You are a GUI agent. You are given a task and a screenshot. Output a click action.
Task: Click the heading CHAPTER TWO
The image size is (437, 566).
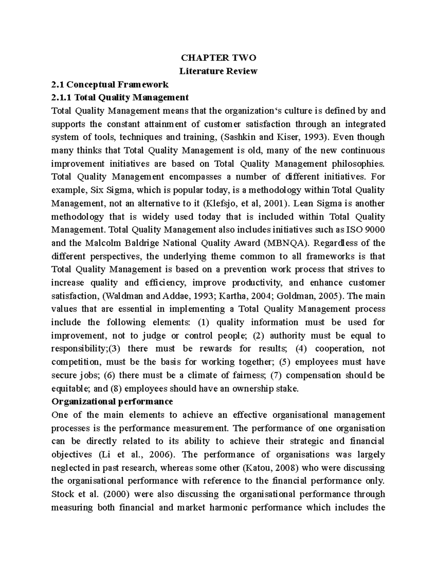click(219, 58)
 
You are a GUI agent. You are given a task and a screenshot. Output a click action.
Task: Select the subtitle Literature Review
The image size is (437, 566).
click(219, 71)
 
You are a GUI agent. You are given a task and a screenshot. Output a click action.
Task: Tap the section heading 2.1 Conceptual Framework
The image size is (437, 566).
click(110, 85)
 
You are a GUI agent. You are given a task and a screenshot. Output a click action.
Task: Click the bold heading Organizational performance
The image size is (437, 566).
click(112, 402)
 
